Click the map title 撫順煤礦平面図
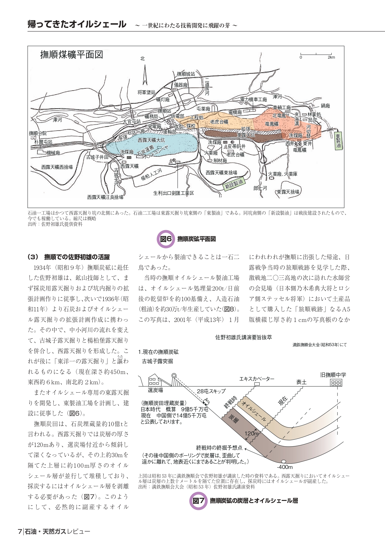coord(72,55)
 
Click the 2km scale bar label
coord(331,57)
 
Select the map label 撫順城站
coord(186,74)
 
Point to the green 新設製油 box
coord(234,183)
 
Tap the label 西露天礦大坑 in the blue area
coord(151,140)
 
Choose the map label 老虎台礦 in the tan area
coord(219,122)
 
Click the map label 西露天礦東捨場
coord(222,172)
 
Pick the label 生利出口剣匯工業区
coord(173,193)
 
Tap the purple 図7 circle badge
coord(198,501)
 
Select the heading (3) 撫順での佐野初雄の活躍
coord(69,257)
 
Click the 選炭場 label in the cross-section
coord(155,390)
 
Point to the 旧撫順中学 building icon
coord(336,383)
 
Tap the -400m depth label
coord(284,467)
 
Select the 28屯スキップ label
coord(211,391)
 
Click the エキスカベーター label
coord(257,379)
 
